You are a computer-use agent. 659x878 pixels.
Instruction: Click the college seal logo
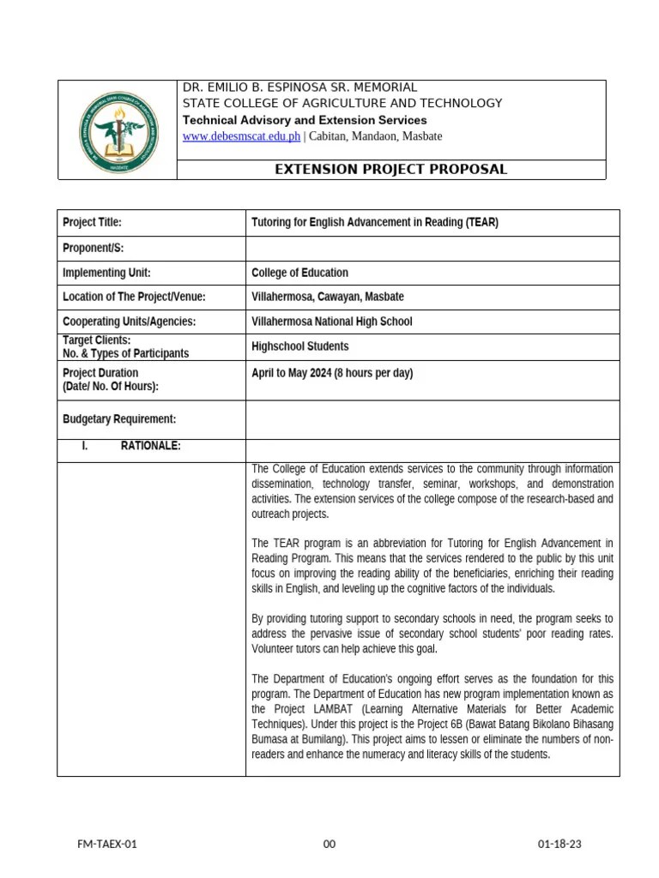point(118,130)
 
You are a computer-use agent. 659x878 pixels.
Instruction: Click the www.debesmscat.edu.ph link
point(241,136)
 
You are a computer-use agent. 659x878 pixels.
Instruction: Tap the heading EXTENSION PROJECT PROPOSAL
point(390,170)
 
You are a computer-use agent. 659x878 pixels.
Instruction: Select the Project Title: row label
point(93,223)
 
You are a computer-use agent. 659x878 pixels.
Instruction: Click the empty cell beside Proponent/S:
point(432,249)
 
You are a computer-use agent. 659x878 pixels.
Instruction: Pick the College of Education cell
point(299,273)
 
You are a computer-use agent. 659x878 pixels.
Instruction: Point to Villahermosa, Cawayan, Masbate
point(327,297)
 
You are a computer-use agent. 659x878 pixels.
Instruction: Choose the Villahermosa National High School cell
point(331,322)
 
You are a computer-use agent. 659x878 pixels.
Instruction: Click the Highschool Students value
point(299,346)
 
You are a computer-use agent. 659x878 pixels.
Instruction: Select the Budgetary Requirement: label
point(119,419)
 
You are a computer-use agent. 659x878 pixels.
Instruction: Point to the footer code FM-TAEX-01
point(107,845)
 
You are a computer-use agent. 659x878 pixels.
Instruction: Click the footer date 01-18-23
point(559,845)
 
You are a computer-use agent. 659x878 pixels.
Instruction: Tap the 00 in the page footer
point(329,845)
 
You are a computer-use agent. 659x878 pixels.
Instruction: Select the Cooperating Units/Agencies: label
point(129,322)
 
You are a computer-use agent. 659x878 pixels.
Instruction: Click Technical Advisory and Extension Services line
point(305,120)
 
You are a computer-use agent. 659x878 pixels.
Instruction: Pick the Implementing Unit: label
point(106,273)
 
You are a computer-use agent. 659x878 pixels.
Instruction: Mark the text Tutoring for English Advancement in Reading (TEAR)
point(374,223)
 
